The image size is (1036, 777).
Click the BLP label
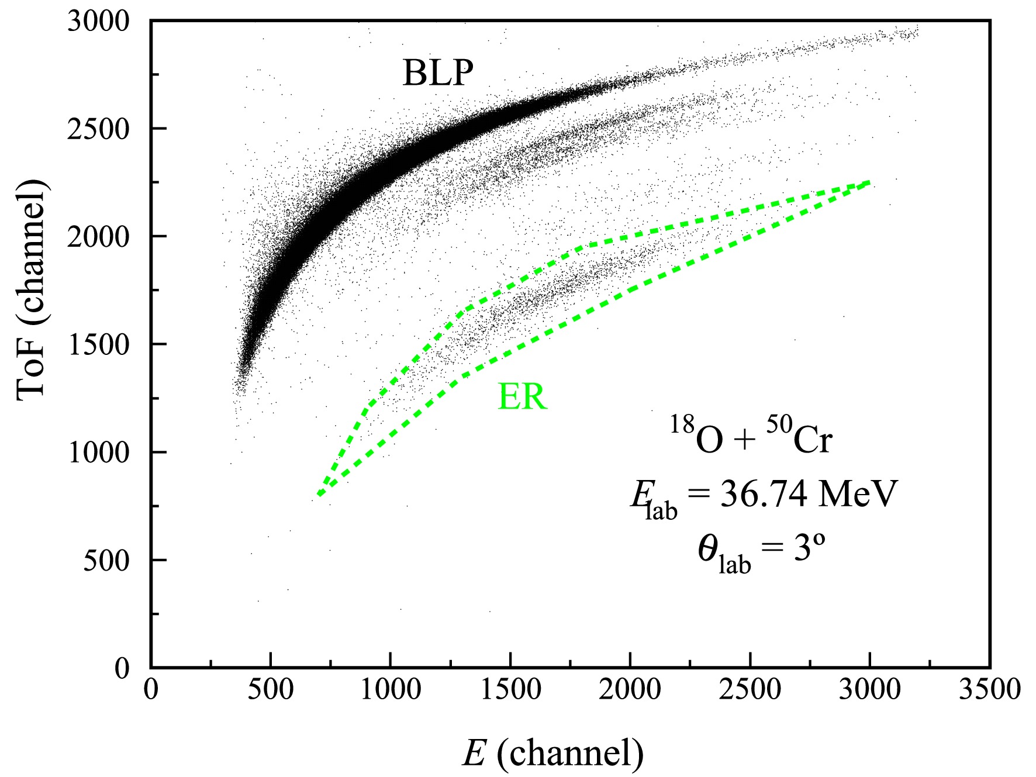(x=438, y=74)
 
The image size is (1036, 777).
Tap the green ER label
(x=522, y=398)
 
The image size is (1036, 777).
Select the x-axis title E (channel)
(x=553, y=752)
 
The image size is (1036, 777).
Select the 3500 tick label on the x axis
(x=989, y=690)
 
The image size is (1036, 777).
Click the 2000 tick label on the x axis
(x=630, y=690)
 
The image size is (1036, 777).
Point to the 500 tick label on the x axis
(x=270, y=690)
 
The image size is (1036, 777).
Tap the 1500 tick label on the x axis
(x=510, y=690)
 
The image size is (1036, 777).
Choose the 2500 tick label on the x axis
(x=750, y=690)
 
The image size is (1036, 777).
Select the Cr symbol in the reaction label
(x=813, y=440)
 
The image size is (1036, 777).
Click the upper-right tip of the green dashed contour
(x=869, y=183)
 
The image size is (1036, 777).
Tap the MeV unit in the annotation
(x=857, y=495)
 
